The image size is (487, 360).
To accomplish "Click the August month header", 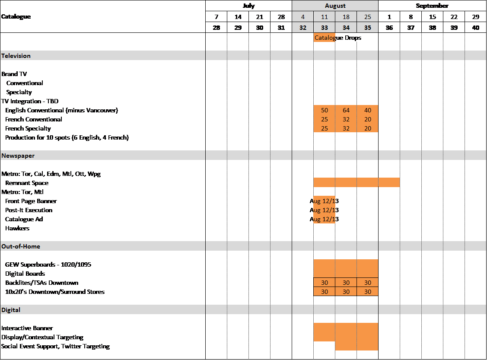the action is pyautogui.click(x=335, y=6).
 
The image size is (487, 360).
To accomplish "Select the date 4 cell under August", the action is pyautogui.click(x=302, y=16).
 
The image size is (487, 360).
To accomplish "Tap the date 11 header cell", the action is pyautogui.click(x=324, y=16).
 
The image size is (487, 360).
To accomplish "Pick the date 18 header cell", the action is pyautogui.click(x=346, y=16).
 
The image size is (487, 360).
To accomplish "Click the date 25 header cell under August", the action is pyautogui.click(x=367, y=16).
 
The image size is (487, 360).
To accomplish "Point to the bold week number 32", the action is pyautogui.click(x=302, y=28).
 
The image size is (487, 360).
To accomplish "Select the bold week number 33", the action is pyautogui.click(x=324, y=28).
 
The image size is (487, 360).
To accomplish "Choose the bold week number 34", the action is pyautogui.click(x=346, y=28).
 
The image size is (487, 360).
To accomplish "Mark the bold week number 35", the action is pyautogui.click(x=367, y=28).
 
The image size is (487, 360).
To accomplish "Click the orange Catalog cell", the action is pyautogui.click(x=324, y=38).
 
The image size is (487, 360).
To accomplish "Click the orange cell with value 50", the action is pyautogui.click(x=324, y=110).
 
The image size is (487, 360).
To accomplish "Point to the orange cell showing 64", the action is pyautogui.click(x=346, y=110).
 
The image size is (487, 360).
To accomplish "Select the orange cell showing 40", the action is pyautogui.click(x=367, y=110).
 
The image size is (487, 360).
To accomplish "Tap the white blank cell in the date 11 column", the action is pyautogui.click(x=324, y=137).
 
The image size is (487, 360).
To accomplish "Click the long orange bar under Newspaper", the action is pyautogui.click(x=356, y=183).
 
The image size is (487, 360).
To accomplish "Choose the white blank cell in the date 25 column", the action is pyautogui.click(x=367, y=137).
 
